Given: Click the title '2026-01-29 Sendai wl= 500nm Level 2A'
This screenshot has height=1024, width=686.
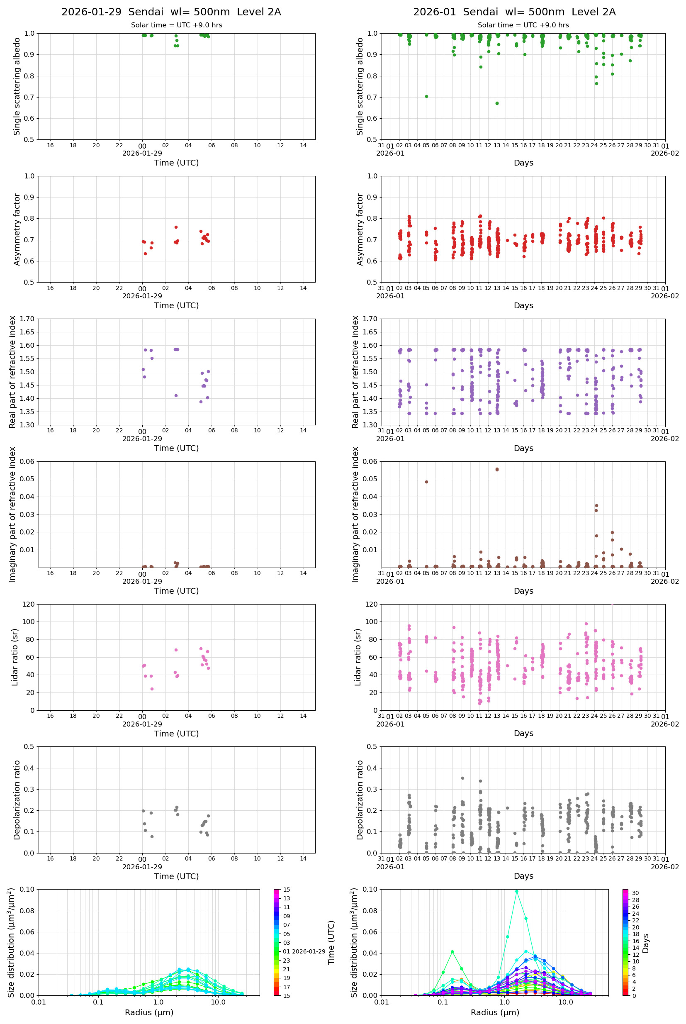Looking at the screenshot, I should [171, 12].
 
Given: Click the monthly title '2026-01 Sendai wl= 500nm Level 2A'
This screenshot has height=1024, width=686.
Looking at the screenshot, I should [514, 12].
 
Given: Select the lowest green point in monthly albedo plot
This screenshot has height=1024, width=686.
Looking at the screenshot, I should [497, 103].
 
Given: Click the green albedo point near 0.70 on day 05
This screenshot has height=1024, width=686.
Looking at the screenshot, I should [426, 96].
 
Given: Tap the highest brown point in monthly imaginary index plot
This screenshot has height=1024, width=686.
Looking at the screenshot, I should [497, 469].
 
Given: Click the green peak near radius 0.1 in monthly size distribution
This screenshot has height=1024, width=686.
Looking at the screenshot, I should [452, 952].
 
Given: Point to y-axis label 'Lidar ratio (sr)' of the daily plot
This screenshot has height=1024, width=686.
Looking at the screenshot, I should [15, 657].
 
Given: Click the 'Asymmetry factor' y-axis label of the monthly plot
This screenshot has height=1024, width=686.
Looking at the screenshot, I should [360, 229].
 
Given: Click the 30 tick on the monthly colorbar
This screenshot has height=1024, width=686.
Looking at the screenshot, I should [635, 893].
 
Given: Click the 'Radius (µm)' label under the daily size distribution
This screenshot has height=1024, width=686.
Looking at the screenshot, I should [149, 1012].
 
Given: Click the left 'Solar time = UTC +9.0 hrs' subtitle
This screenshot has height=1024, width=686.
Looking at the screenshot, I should [176, 25].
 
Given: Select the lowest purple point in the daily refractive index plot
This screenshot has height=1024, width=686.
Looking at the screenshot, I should [201, 402].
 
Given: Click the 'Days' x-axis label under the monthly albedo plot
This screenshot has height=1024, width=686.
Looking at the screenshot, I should [523, 163].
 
